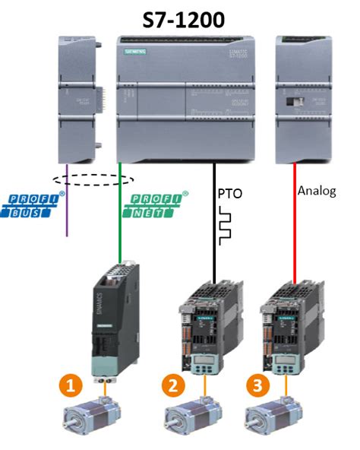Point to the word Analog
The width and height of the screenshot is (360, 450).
point(317,190)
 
